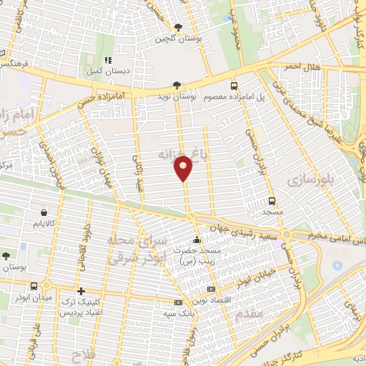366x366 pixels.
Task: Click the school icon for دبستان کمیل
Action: [x=109, y=61]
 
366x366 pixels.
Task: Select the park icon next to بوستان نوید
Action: [x=176, y=84]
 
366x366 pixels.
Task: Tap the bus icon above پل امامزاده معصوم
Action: [x=234, y=85]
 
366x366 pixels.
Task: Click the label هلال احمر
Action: [x=301, y=66]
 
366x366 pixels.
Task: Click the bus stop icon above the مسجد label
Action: [x=272, y=201]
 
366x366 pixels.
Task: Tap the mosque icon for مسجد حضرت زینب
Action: [x=197, y=239]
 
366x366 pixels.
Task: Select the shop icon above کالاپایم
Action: [x=45, y=212]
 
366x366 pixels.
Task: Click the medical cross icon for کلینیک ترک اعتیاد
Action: [x=81, y=291]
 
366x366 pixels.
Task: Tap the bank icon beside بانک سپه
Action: [x=188, y=303]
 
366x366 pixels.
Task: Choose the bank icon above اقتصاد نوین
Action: [x=210, y=289]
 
